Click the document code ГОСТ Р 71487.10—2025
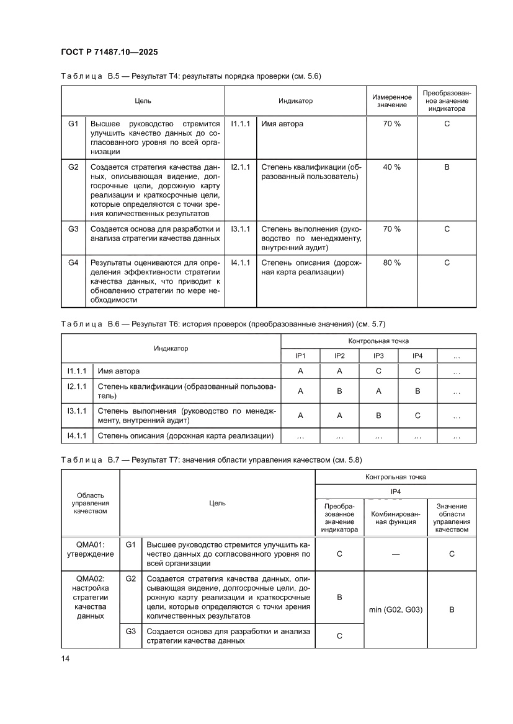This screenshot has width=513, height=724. pos(113,53)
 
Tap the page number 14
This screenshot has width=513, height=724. pos(65,658)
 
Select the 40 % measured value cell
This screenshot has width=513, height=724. pos(391,167)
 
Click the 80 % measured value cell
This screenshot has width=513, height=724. pos(391,263)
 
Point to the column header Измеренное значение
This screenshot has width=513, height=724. pos(391,101)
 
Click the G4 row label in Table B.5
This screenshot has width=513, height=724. pos(73,263)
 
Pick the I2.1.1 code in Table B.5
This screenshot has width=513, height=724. pos(240,167)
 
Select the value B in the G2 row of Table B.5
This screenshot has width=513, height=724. pos(447,167)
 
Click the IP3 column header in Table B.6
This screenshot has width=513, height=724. pos(378,356)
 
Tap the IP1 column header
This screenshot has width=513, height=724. pos(300,356)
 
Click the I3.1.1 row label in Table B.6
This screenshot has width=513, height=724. pos(76,411)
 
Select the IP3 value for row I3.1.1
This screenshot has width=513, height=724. pos(378,416)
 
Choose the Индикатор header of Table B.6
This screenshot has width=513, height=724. pos(171,349)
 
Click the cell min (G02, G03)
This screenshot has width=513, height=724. pos(395,609)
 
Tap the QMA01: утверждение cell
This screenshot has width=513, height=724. pos(90,549)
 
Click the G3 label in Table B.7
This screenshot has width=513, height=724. pos(130,631)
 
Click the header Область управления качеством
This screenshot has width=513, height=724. pos(90,503)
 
